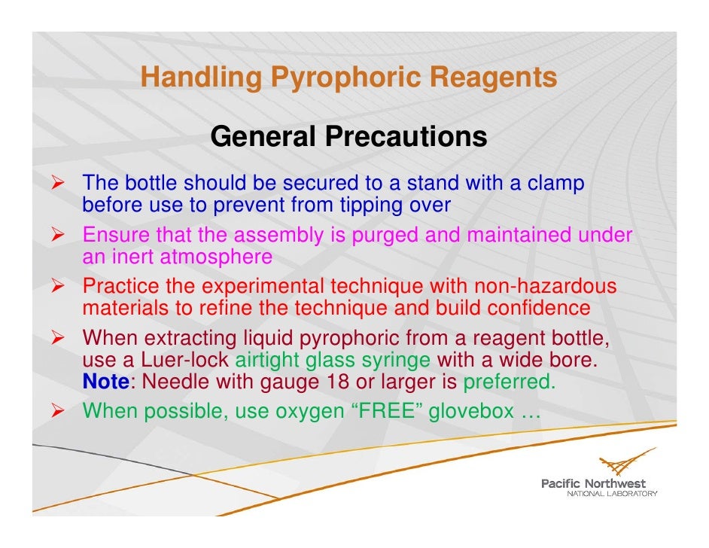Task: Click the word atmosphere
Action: [x=215, y=257]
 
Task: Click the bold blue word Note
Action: [x=105, y=382]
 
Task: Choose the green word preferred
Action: [x=510, y=382]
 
